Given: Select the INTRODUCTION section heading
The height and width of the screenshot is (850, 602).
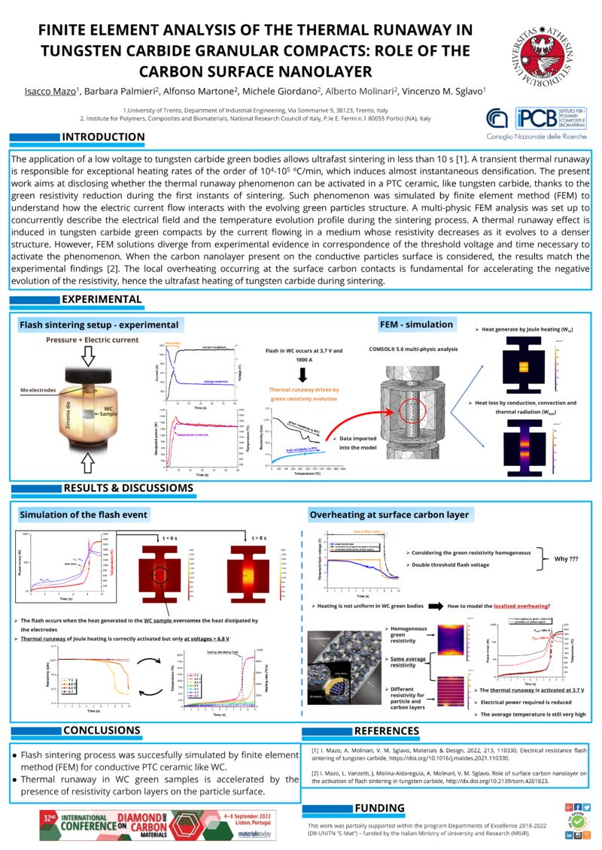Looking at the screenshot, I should (x=103, y=137).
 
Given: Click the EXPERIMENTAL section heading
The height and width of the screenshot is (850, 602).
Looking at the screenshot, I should (x=102, y=299).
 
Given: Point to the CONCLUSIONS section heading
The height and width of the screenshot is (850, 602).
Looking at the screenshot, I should (x=102, y=730).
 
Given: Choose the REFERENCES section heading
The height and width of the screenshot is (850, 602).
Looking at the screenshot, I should (x=392, y=731).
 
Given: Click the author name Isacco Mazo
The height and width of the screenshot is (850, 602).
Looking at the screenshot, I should (x=47, y=92).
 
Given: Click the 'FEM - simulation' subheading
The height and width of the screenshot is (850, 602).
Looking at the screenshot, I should (x=417, y=325).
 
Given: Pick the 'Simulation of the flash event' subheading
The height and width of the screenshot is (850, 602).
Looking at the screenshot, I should (x=83, y=515).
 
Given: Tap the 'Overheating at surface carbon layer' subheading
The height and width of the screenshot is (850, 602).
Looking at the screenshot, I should (x=389, y=515).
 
